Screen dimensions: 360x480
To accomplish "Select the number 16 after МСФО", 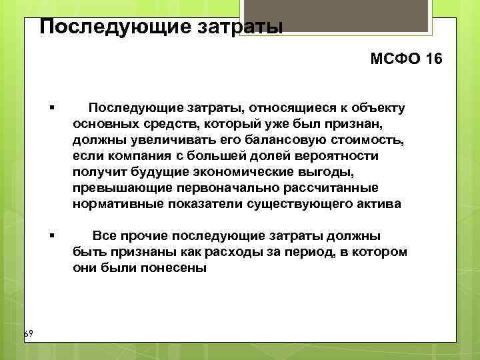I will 432,59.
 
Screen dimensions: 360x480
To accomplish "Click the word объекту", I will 379,108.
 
